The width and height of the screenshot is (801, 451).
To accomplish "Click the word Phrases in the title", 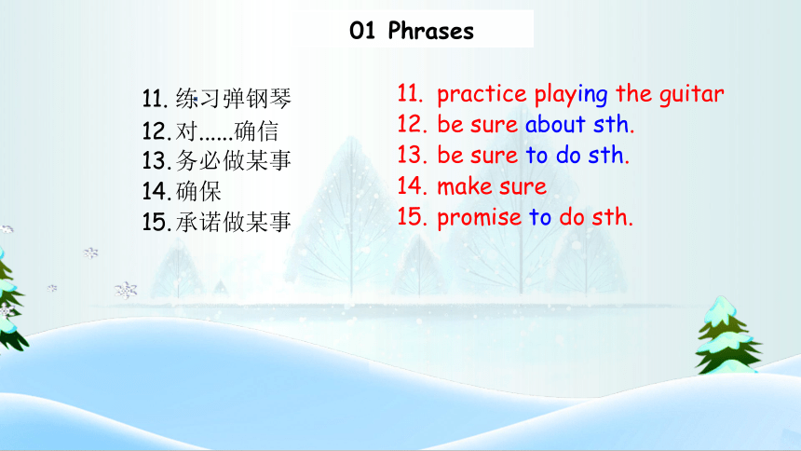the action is pos(430,31).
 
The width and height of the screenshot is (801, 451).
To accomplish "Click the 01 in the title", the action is pos(362,31).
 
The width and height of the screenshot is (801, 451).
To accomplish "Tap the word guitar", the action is pos(691,95).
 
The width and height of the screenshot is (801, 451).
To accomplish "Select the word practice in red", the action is pos(482,95).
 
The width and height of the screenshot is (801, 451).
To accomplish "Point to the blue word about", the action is pos(555,124).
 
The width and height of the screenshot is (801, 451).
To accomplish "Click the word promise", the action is pos(479,218).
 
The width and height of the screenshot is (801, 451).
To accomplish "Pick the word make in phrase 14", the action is pos(467,186).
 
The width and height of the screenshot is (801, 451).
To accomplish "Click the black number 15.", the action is pos(156,222).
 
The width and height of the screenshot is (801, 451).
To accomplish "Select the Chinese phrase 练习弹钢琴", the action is pos(234,98).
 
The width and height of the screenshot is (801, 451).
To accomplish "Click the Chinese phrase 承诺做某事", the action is pos(234,222).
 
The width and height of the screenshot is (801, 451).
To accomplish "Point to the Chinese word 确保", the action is pos(198,192).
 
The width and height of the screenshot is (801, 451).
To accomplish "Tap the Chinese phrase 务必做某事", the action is pos(234,160).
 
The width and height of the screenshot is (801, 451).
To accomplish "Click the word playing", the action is pos(571,95).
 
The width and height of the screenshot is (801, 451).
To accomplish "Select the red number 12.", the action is pos(412,124).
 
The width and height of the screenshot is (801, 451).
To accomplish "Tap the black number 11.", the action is pos(156,99).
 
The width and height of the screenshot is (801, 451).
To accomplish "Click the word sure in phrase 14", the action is pos(523,187).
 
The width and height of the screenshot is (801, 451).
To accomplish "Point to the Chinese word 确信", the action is pos(256,131).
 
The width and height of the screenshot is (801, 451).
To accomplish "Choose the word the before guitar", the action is pos(634,93).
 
